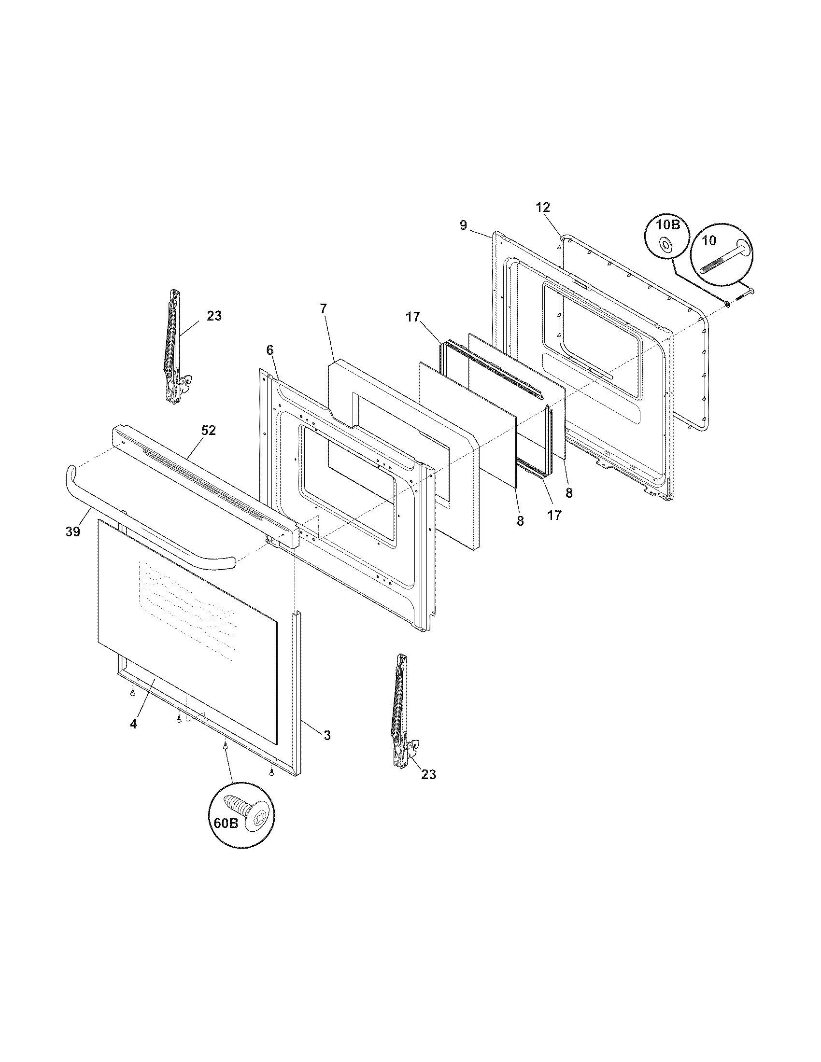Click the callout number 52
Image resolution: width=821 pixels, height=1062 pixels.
click(x=209, y=430)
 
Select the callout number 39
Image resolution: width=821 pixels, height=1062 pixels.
click(x=73, y=532)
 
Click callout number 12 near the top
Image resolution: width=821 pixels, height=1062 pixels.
click(x=543, y=207)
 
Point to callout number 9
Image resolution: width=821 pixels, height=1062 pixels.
click(x=463, y=225)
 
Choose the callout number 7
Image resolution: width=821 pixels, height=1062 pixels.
click(x=324, y=308)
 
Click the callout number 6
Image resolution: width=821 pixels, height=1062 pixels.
click(x=270, y=350)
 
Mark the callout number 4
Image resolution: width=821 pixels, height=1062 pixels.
click(x=133, y=737)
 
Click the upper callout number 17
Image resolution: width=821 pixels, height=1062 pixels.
click(x=413, y=317)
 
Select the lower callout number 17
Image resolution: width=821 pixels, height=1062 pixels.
click(x=554, y=515)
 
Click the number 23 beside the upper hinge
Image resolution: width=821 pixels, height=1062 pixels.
click(x=214, y=316)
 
